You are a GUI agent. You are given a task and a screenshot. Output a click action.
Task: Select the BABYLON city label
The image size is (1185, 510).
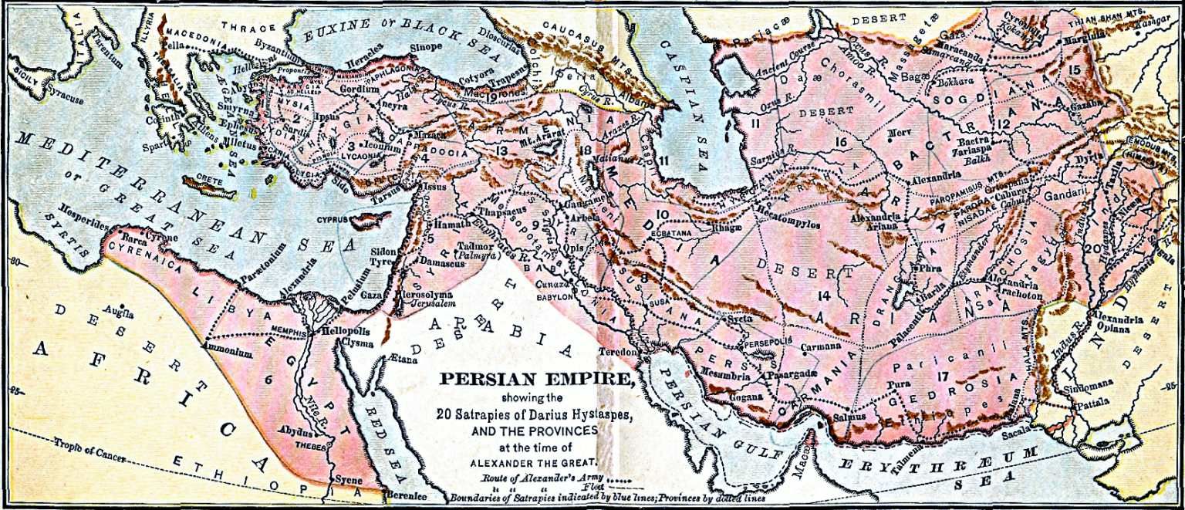click(x=555, y=296)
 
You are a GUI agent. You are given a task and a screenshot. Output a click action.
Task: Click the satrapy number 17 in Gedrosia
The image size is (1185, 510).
click(x=942, y=376)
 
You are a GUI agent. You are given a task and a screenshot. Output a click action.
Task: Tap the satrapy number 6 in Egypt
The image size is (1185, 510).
click(x=268, y=379)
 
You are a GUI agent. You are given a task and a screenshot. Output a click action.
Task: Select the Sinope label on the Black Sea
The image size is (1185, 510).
click(x=425, y=47)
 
